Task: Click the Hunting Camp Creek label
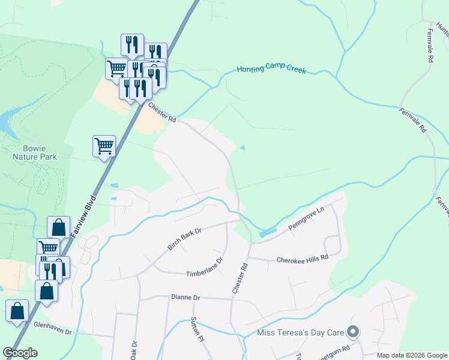point(271,70)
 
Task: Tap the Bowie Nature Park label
point(35,152)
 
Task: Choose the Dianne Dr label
point(185,297)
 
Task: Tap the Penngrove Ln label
point(306,221)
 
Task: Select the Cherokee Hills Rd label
point(303,259)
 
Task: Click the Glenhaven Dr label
point(53,332)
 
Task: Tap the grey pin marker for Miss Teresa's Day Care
point(354,331)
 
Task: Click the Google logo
point(20,353)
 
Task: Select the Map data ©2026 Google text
point(411,355)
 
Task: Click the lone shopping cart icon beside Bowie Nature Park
point(104,146)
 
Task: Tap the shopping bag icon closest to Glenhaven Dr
point(17,311)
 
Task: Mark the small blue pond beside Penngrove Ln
point(268,232)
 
